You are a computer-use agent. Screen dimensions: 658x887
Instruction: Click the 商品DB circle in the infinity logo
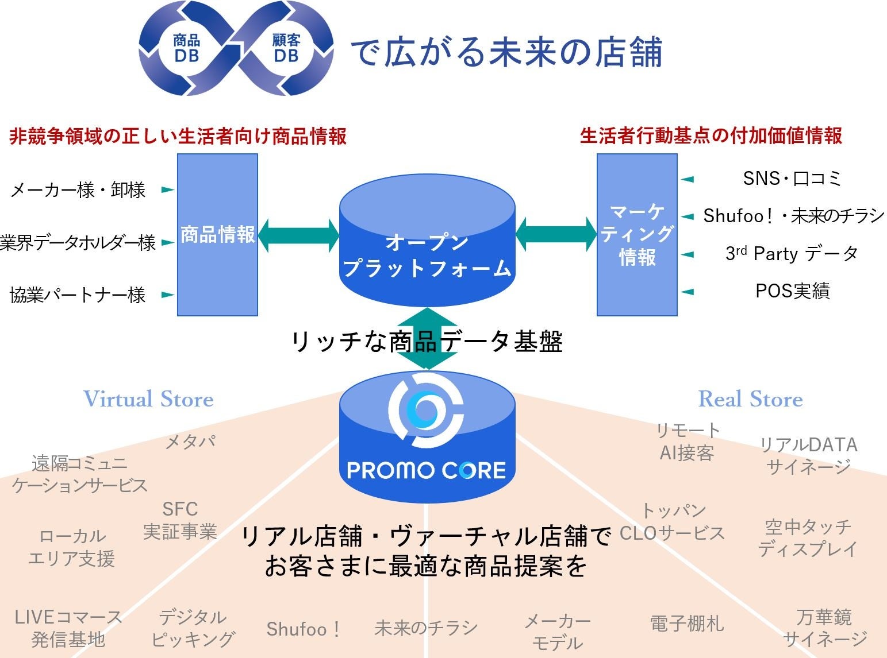186,48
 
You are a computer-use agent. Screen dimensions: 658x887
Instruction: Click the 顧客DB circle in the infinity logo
286,48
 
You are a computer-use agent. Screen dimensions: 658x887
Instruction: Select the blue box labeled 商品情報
217,235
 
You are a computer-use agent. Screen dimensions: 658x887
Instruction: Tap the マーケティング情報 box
637,235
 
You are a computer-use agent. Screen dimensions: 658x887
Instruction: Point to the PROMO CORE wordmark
427,471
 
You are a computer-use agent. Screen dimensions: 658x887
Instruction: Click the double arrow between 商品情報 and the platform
298,235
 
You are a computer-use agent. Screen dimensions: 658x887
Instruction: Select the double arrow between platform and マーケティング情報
556,235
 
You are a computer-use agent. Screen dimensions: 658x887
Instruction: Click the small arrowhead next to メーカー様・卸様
167,189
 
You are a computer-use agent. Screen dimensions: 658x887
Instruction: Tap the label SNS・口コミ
792,179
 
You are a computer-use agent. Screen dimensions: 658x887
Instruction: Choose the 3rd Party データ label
792,253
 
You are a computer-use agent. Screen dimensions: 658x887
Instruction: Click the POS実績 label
792,291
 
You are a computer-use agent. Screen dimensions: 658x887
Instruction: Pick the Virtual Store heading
148,399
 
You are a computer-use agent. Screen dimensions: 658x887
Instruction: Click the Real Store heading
750,399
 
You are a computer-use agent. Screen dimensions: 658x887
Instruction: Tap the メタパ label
190,442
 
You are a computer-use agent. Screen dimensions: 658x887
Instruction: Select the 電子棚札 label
686,624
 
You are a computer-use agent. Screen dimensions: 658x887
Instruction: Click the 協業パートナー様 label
78,295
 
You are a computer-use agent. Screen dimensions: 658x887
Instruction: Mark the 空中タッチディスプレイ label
808,537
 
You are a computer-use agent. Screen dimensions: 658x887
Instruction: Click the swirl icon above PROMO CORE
426,410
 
